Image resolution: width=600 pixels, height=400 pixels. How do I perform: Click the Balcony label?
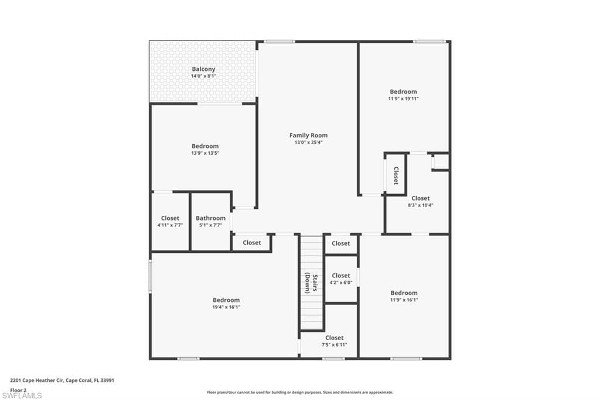tap(203, 69)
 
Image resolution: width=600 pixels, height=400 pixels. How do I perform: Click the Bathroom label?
tap(210, 218)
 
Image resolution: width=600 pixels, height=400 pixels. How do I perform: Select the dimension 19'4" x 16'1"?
tap(226, 307)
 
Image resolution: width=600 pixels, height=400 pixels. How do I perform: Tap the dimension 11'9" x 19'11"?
tap(403, 99)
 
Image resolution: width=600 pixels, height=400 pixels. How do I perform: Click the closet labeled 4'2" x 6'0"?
tap(340, 279)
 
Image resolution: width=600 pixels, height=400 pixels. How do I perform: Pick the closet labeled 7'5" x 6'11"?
tap(334, 341)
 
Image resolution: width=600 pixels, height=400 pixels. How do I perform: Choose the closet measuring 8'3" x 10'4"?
tap(420, 202)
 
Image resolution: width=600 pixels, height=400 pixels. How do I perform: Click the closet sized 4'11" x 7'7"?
tap(170, 222)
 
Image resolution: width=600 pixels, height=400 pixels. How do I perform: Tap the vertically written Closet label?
tap(396, 175)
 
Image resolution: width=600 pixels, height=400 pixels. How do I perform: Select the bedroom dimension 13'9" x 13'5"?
tap(204, 153)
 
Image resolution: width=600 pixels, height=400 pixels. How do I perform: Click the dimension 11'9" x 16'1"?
tap(404, 300)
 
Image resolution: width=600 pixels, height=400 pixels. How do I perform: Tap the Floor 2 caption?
tap(18, 389)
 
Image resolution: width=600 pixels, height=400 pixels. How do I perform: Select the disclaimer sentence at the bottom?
tap(299, 392)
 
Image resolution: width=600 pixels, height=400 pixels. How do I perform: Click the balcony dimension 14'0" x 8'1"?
tap(203, 76)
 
